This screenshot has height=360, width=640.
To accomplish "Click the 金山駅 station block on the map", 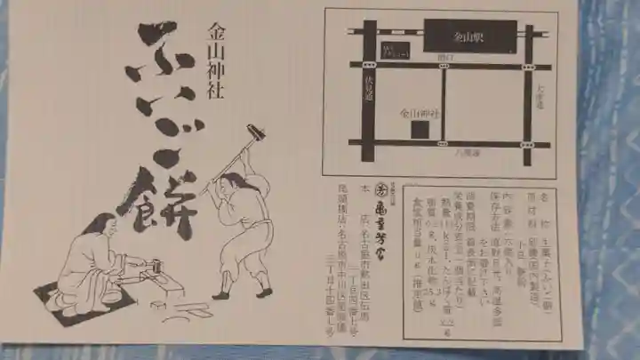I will click(x=469, y=37).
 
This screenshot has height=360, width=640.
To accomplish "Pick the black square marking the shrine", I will click(x=418, y=130).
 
